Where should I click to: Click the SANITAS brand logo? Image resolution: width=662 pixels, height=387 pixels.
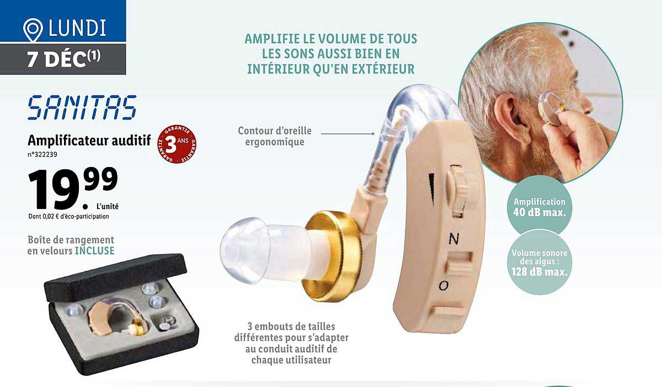point(82,108)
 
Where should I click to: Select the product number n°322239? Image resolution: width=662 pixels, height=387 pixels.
point(42,155)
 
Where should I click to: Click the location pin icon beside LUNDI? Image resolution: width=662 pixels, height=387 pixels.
point(33,31)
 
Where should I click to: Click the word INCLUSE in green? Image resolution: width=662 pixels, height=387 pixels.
point(94,251)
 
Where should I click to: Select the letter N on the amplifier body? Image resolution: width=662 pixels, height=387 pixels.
point(453,239)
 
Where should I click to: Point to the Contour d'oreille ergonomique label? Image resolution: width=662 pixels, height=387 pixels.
point(274,136)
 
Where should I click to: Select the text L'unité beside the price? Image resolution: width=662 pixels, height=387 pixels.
point(107,206)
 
